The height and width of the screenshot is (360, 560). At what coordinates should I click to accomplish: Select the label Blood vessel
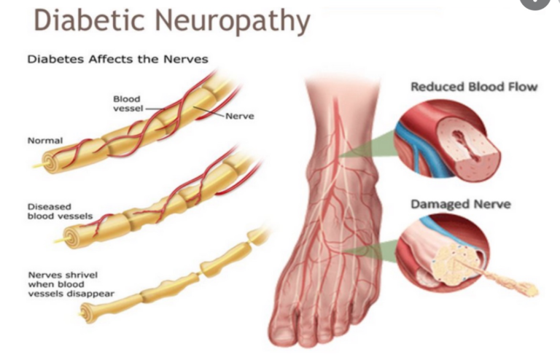(x=127, y=103)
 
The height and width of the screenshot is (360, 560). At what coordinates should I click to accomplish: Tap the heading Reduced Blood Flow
(x=474, y=87)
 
